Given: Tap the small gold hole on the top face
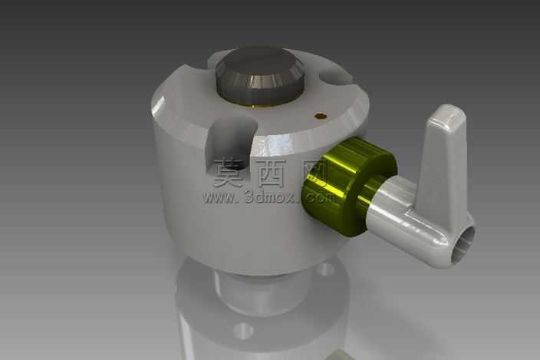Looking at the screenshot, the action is [x=321, y=116].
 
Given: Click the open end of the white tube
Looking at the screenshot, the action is [x=463, y=244].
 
